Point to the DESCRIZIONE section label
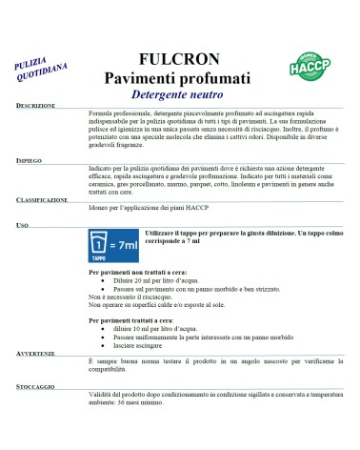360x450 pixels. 36,106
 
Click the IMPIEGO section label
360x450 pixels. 30,161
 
